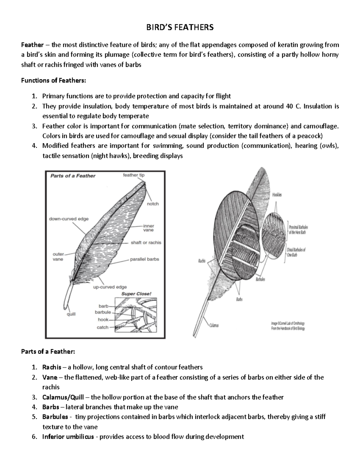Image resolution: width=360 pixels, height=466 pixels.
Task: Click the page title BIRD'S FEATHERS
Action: (180, 28)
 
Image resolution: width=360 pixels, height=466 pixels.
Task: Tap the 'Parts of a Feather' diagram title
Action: (73, 176)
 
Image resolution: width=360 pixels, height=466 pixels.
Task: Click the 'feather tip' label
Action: (133, 175)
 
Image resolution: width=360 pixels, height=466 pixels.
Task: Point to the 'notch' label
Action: (153, 204)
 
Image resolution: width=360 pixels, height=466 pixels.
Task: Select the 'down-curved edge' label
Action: (69, 219)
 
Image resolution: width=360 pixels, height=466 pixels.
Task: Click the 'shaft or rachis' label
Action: (146, 242)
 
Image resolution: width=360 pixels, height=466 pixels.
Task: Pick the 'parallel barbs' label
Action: (144, 259)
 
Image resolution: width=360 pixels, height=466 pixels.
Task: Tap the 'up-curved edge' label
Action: (110, 287)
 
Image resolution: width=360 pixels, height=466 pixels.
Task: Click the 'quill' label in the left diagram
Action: (71, 314)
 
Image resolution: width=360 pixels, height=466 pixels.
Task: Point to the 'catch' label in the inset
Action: (102, 327)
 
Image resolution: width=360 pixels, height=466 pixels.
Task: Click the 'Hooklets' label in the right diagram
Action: (277, 195)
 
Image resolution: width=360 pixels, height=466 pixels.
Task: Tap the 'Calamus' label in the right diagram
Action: (214, 325)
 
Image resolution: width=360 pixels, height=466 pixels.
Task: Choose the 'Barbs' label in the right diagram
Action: (239, 299)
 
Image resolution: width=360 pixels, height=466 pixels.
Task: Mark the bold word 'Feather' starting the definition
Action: (32, 45)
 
